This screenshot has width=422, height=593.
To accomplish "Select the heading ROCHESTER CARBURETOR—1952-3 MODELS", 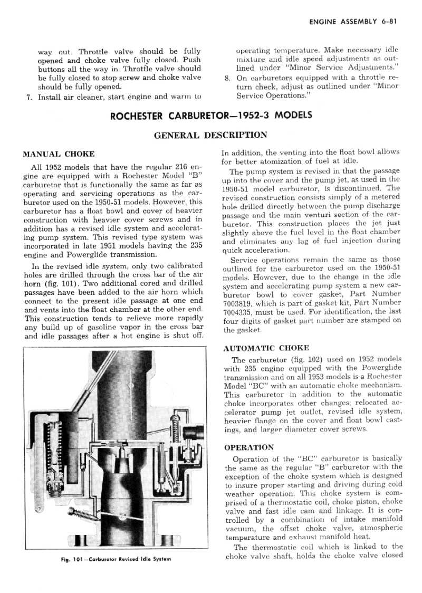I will [210, 116].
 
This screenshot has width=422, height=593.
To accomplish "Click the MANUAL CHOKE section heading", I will [59, 155].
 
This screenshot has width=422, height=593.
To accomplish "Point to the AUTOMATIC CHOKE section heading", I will [266, 349].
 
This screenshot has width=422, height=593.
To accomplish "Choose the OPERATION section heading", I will [249, 447].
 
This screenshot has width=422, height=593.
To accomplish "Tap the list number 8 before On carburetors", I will [227, 78].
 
